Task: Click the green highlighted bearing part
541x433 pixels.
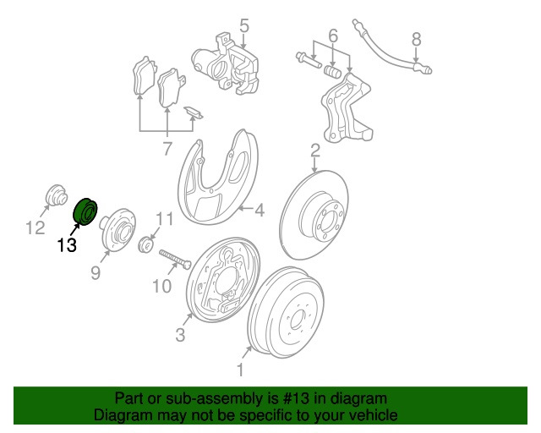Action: click(x=86, y=211)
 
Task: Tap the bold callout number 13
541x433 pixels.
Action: click(x=67, y=245)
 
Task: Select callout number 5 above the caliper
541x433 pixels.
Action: click(x=244, y=26)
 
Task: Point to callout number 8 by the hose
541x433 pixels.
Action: click(x=417, y=40)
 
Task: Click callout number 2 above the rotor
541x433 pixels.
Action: click(x=315, y=151)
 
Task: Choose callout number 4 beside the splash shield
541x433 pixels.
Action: click(x=260, y=210)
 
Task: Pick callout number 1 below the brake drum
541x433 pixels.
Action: click(x=240, y=370)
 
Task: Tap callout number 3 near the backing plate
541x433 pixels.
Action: click(x=180, y=335)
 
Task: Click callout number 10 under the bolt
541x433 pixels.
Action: click(x=161, y=286)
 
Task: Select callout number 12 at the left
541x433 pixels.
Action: click(x=36, y=227)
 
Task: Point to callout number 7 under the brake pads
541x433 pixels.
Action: click(x=167, y=149)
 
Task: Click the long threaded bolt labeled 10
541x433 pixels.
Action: click(x=175, y=260)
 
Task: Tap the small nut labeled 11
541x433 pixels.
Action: click(x=146, y=244)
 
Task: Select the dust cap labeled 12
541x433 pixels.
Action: click(x=57, y=195)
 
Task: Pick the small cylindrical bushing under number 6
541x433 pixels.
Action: click(x=333, y=72)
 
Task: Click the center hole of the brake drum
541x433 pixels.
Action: click(x=297, y=320)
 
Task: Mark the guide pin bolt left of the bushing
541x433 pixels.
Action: click(x=308, y=60)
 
